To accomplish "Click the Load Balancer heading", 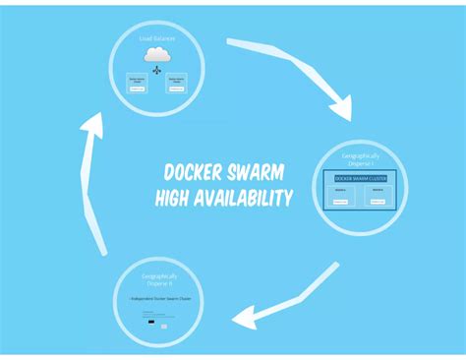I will [x=157, y=38].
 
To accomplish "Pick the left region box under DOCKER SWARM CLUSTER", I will [x=339, y=196].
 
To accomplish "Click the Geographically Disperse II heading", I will [x=159, y=279].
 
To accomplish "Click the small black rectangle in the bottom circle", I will [x=150, y=322].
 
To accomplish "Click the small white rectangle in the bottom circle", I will [x=164, y=326].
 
